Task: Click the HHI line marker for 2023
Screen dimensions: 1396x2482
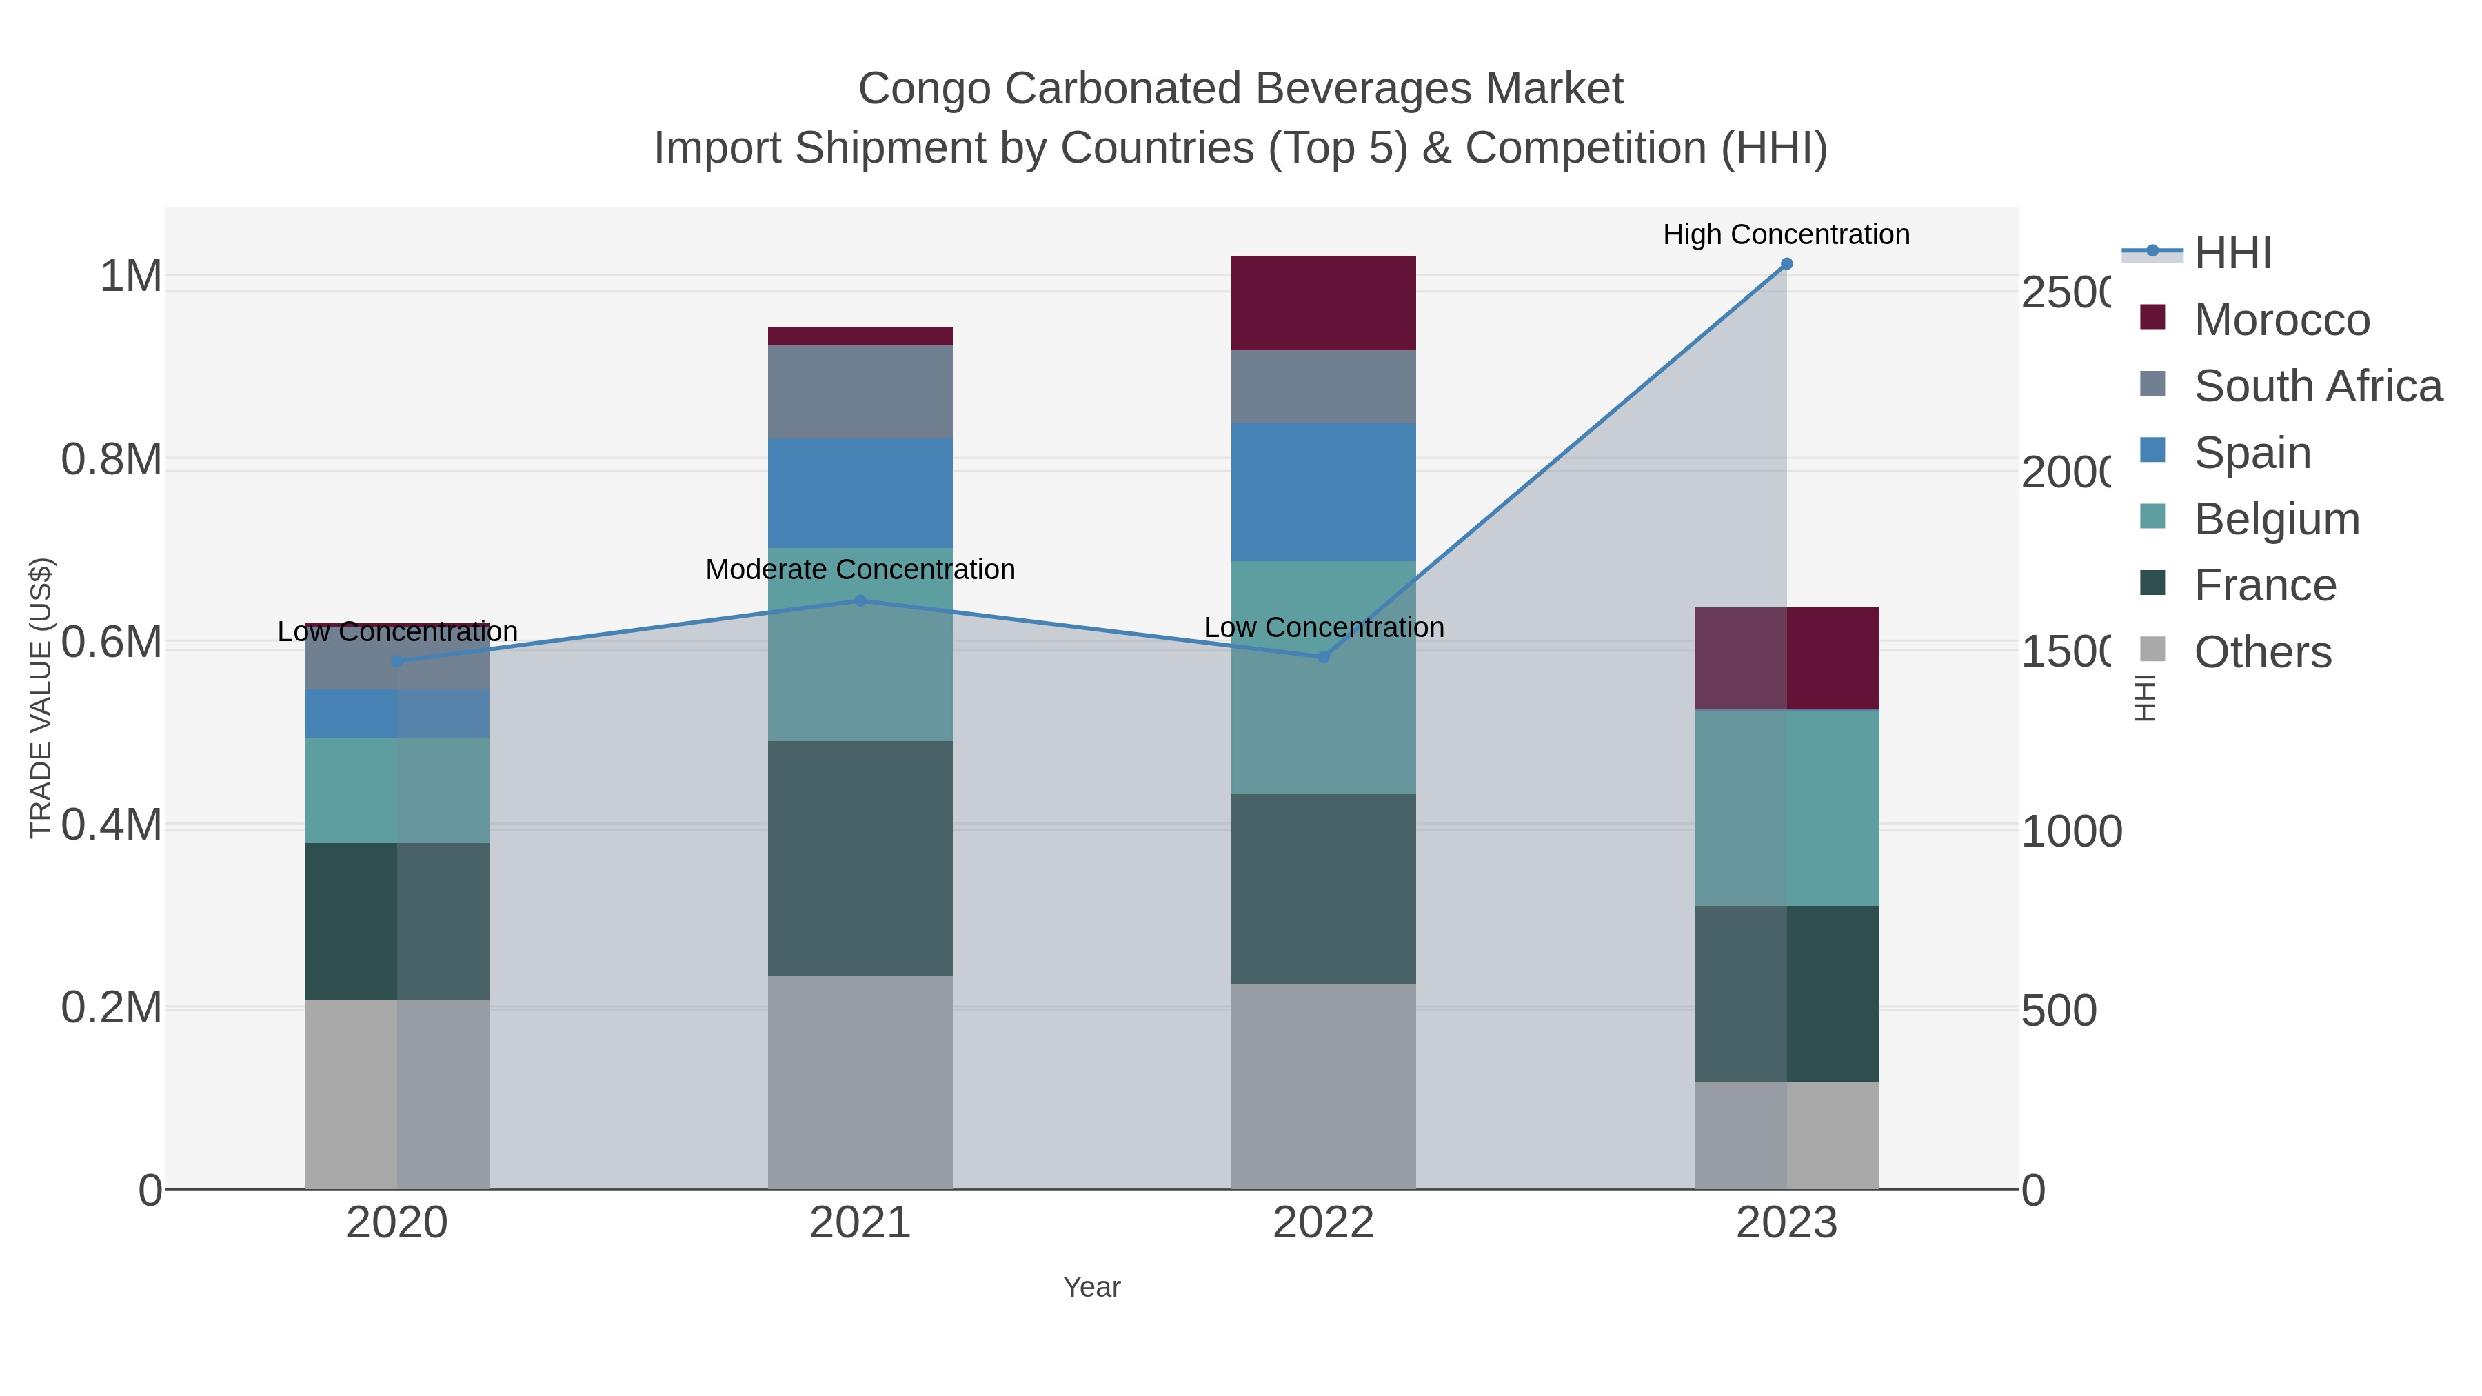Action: coord(1786,264)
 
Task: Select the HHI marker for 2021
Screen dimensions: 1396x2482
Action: coord(860,601)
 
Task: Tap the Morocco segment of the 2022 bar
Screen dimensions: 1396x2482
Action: coord(1323,303)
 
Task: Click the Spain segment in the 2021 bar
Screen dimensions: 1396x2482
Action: coord(860,494)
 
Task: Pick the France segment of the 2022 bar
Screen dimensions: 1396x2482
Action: coord(1323,889)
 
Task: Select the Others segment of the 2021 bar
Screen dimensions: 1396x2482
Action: coord(860,1082)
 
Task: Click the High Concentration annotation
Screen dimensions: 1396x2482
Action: coord(1786,234)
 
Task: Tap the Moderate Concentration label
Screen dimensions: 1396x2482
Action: coord(860,569)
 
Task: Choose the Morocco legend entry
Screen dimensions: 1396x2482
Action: coord(2280,320)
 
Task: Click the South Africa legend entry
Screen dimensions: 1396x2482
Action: coord(2317,386)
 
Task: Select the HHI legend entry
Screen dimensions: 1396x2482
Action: coord(2232,254)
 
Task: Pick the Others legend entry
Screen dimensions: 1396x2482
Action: coord(2261,652)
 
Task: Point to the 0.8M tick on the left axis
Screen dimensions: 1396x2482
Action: coord(111,460)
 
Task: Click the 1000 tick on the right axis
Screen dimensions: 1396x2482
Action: coord(2070,831)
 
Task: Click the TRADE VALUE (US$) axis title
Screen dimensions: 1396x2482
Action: coord(41,698)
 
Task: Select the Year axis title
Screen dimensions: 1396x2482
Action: coord(1091,1287)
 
